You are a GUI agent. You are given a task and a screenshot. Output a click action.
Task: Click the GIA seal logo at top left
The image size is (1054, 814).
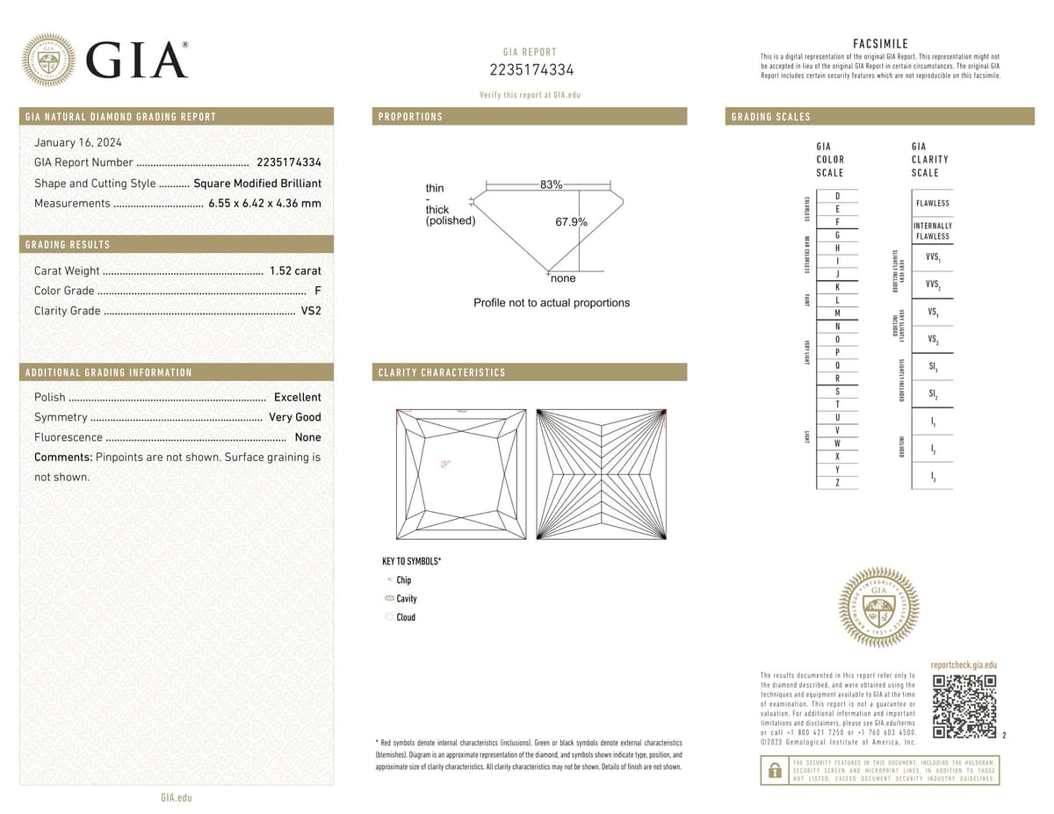pyautogui.click(x=49, y=60)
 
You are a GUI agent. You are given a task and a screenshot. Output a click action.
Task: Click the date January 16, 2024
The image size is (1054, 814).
pyautogui.click(x=78, y=142)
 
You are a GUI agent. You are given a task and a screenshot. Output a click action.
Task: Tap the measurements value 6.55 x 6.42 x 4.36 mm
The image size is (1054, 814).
pyautogui.click(x=264, y=203)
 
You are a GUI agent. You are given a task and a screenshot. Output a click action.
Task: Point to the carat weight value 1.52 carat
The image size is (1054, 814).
pyautogui.click(x=295, y=270)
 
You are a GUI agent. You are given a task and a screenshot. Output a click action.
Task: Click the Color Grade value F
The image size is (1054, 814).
pyautogui.click(x=317, y=291)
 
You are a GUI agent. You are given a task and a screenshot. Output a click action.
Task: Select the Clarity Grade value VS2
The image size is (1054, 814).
pyautogui.click(x=311, y=311)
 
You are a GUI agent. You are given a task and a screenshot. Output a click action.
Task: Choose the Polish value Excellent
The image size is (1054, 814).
pyautogui.click(x=297, y=397)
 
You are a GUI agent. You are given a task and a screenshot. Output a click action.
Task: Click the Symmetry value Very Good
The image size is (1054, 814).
pyautogui.click(x=294, y=417)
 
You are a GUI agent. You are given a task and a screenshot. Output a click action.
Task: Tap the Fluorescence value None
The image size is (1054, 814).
pyautogui.click(x=307, y=437)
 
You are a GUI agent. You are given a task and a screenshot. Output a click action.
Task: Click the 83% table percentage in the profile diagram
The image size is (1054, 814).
pyautogui.click(x=551, y=184)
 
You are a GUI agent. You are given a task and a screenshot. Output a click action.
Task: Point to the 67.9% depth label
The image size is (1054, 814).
pyautogui.click(x=571, y=222)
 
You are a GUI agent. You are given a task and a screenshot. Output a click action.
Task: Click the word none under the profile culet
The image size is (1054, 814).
pyautogui.click(x=563, y=278)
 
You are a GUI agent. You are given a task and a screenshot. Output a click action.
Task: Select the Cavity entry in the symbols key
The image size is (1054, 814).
pyautogui.click(x=406, y=599)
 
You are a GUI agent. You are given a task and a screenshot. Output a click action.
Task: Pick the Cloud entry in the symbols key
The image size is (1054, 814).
pyautogui.click(x=405, y=617)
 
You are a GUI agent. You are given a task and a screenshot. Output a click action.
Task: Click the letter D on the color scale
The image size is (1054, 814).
pyautogui.click(x=837, y=196)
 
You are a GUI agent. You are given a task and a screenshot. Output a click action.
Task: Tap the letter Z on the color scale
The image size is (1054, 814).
pyautogui.click(x=837, y=483)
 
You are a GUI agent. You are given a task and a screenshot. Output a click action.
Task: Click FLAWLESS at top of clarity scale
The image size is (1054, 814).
pyautogui.click(x=932, y=203)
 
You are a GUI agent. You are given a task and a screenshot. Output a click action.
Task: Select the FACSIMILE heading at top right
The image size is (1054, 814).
pyautogui.click(x=880, y=44)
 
